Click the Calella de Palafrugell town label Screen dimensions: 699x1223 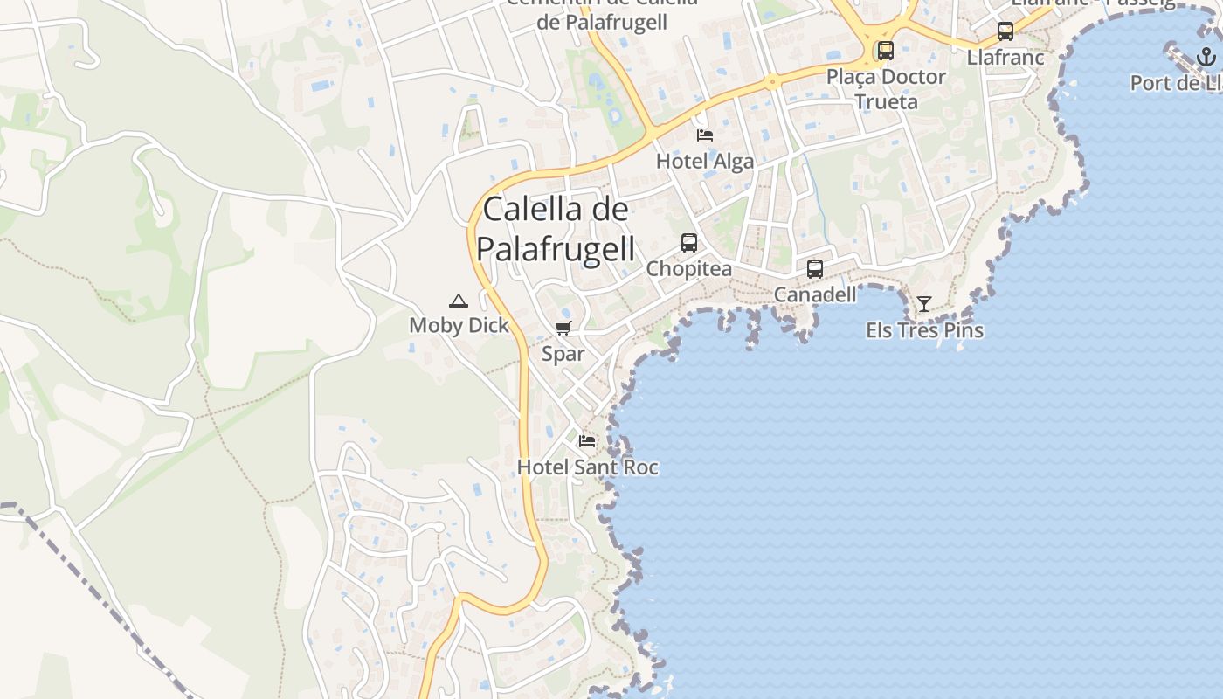pyautogui.click(x=556, y=229)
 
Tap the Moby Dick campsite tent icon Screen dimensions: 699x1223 pyautogui.click(x=458, y=301)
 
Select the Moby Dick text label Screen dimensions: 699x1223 pyautogui.click(x=459, y=326)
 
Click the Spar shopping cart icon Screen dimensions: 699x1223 pyautogui.click(x=563, y=329)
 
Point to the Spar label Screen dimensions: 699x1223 pyautogui.click(x=563, y=354)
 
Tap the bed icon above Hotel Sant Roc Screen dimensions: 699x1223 pyautogui.click(x=587, y=441)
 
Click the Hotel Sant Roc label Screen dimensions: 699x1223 pyautogui.click(x=588, y=467)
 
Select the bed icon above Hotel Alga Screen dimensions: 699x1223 pyautogui.click(x=705, y=135)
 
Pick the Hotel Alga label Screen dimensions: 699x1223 pyautogui.click(x=705, y=162)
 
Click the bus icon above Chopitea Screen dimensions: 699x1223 pyautogui.click(x=689, y=243)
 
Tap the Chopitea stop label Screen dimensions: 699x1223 pyautogui.click(x=689, y=269)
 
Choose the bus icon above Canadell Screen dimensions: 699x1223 pyautogui.click(x=815, y=269)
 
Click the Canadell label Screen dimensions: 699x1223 pyautogui.click(x=815, y=295)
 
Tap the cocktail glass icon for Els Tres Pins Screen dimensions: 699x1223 pyautogui.click(x=924, y=304)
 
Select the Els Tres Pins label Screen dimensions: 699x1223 pyautogui.click(x=924, y=330)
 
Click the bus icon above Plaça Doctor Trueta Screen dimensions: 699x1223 pyautogui.click(x=886, y=51)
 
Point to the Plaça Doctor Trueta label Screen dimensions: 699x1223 pyautogui.click(x=887, y=89)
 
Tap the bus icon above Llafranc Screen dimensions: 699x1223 pyautogui.click(x=1005, y=31)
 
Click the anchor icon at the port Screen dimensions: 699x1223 pyautogui.click(x=1206, y=58)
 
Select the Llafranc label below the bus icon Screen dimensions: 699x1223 pyautogui.click(x=1005, y=58)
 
